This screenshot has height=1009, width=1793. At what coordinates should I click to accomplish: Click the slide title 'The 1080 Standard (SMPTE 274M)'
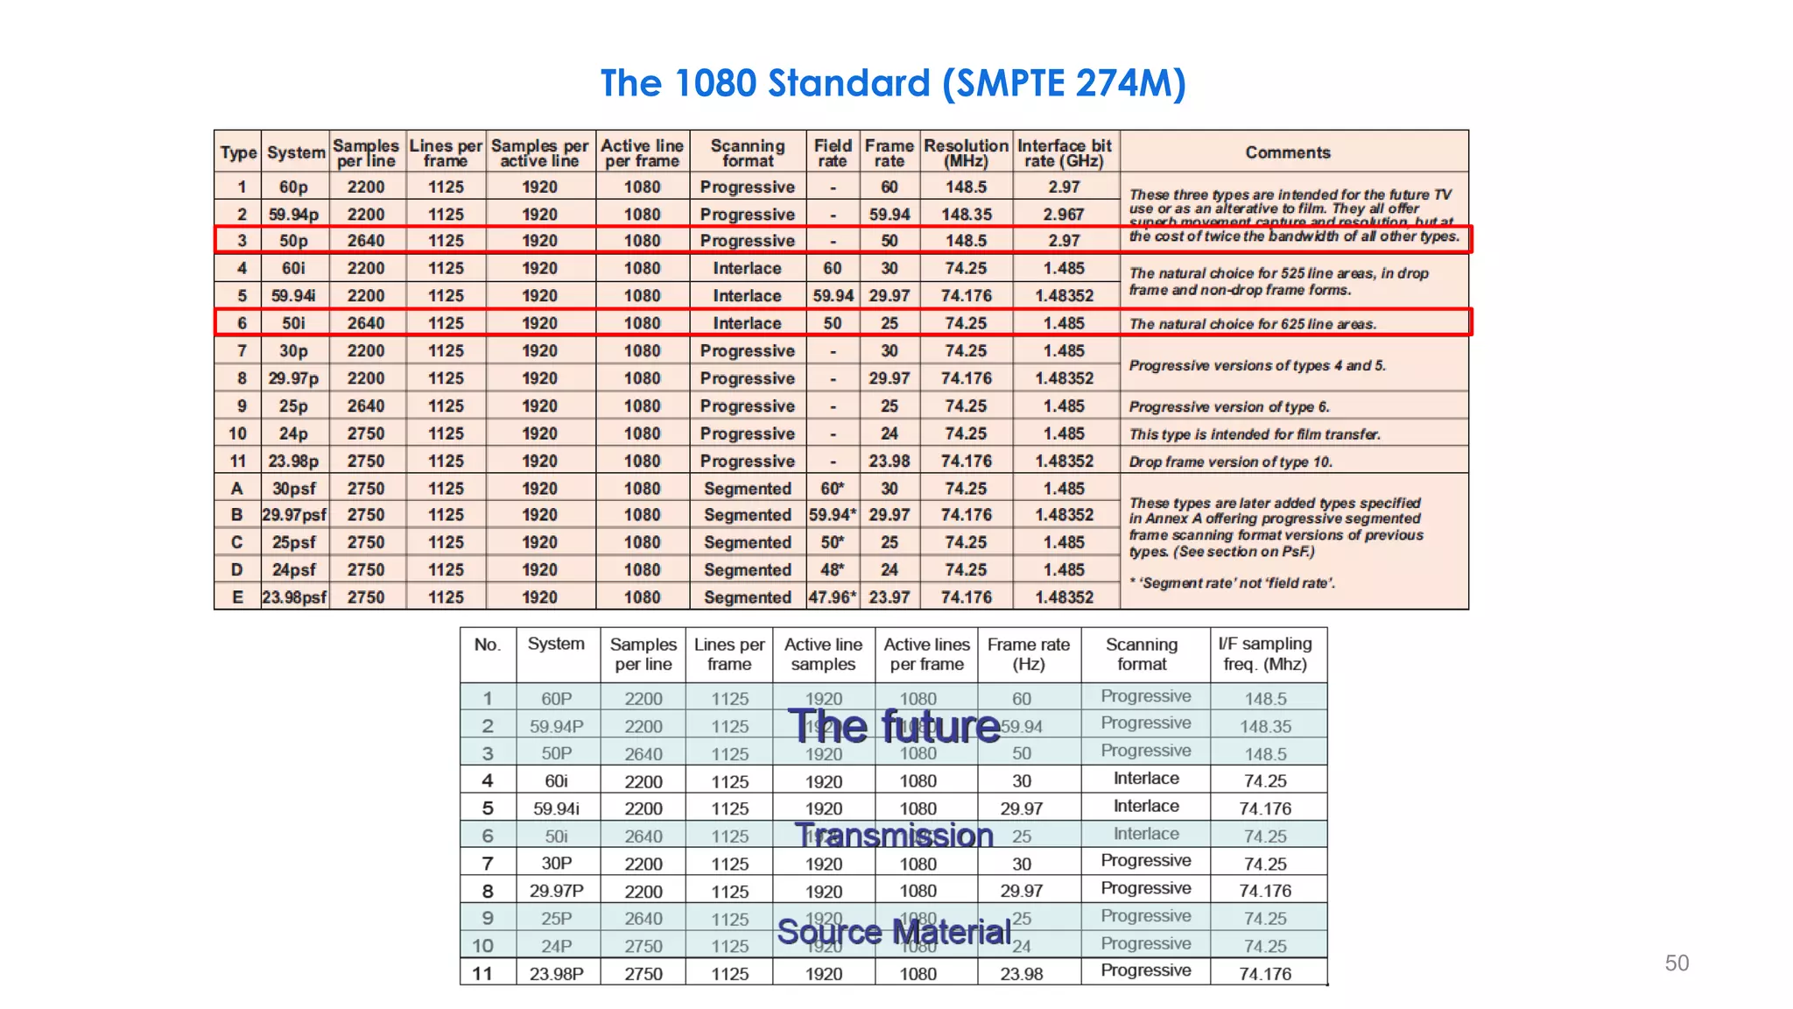click(x=893, y=83)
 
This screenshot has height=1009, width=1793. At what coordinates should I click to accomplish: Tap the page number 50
click(x=1677, y=963)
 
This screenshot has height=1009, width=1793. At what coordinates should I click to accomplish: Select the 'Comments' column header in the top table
click(x=1288, y=152)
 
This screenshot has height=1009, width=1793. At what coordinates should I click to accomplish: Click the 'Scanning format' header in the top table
click(x=748, y=152)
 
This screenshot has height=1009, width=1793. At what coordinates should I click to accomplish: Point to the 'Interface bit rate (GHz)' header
click(x=1064, y=152)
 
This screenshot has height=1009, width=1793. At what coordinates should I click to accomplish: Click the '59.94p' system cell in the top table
click(x=293, y=214)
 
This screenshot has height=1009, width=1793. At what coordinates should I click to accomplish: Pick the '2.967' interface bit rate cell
click(x=1064, y=214)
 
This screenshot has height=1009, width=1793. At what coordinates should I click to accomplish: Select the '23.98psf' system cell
click(x=294, y=597)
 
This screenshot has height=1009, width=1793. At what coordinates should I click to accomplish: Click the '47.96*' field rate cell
click(x=832, y=597)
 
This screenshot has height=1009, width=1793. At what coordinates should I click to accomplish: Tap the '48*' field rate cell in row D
click(x=832, y=569)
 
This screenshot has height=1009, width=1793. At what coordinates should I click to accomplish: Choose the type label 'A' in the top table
click(x=237, y=488)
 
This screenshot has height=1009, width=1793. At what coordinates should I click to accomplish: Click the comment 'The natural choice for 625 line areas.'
click(x=1252, y=324)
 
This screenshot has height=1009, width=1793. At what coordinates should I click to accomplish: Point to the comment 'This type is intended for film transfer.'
click(x=1254, y=434)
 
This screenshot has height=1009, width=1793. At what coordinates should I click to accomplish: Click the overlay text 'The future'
click(x=893, y=725)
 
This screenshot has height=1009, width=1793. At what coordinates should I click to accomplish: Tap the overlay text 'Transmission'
click(x=894, y=835)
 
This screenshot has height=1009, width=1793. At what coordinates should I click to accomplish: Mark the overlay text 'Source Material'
click(x=894, y=931)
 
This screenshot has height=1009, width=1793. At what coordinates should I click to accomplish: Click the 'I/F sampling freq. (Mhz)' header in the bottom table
click(x=1265, y=653)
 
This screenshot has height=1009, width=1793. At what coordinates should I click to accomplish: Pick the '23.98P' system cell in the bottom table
click(x=557, y=973)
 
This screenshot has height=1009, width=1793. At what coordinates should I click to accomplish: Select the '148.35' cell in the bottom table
click(x=1265, y=726)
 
